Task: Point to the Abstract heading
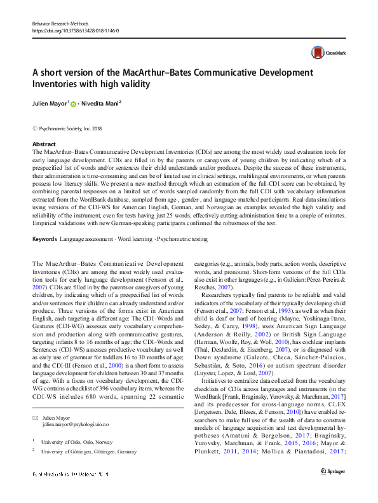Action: click(44, 144)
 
